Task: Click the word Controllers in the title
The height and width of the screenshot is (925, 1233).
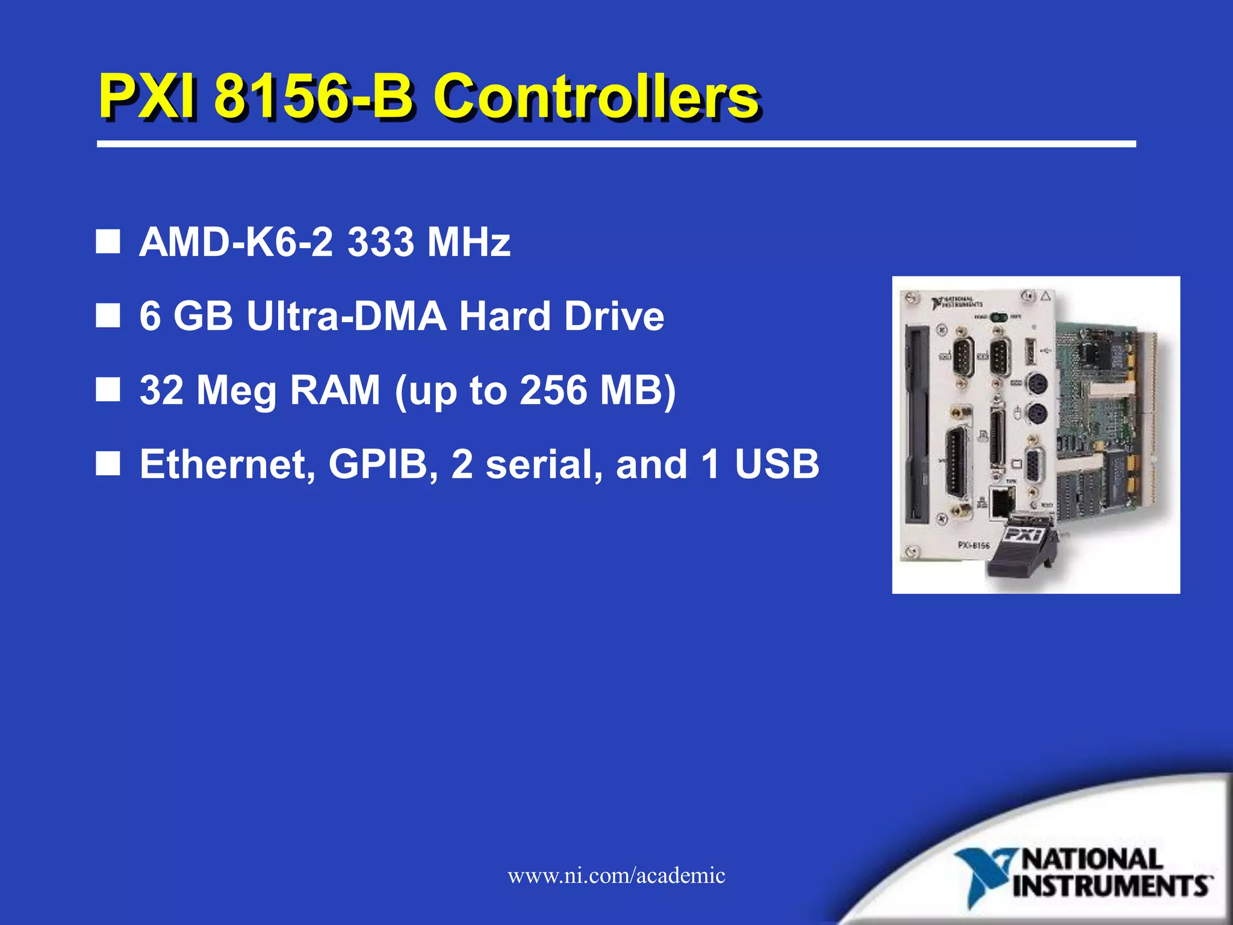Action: click(596, 96)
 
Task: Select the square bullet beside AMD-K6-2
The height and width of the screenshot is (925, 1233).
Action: click(108, 242)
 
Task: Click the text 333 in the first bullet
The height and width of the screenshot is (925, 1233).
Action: click(380, 242)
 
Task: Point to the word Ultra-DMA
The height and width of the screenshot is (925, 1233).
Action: click(347, 316)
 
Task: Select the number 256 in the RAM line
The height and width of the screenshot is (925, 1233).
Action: click(553, 390)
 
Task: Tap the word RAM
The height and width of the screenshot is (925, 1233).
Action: click(335, 390)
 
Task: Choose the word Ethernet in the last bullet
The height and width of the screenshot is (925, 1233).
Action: click(228, 464)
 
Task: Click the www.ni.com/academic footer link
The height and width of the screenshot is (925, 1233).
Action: click(616, 875)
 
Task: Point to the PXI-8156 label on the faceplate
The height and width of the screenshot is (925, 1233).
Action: click(974, 545)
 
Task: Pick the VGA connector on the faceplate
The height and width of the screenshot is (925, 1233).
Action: click(1034, 464)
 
